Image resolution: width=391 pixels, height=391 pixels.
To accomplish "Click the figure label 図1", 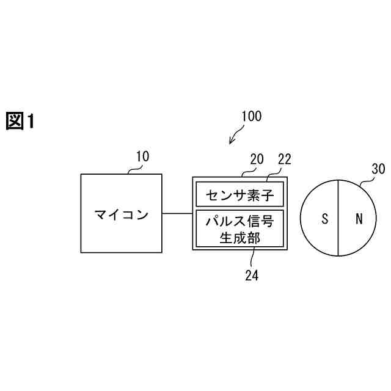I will [x=20, y=121].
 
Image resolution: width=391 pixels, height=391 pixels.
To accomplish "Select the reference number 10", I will [x=142, y=156].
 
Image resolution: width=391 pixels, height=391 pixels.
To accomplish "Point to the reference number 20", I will [x=257, y=159].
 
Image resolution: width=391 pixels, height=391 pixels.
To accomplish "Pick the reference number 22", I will [x=284, y=159].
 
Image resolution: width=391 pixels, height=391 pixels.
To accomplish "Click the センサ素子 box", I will [x=239, y=195].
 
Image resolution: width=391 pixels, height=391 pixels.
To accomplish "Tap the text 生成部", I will [x=239, y=238].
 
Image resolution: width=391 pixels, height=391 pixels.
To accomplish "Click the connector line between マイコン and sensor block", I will [x=177, y=213].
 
